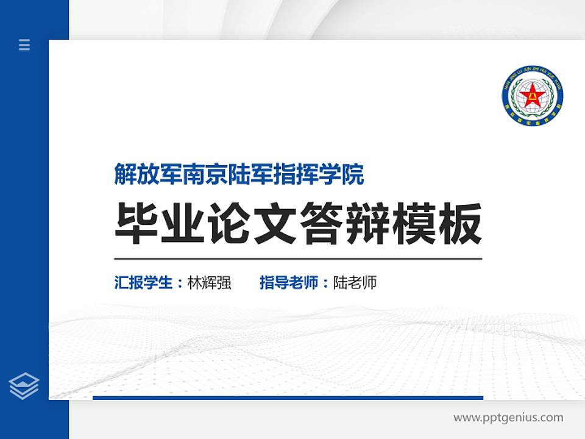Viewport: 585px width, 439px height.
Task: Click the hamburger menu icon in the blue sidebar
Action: (24, 45)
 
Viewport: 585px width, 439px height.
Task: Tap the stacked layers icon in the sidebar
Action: (24, 386)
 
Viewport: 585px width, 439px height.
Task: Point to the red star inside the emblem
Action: (533, 97)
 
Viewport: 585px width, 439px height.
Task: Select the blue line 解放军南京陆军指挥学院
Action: (239, 174)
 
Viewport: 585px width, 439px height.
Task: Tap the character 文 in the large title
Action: (276, 224)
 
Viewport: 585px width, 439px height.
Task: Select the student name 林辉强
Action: (210, 283)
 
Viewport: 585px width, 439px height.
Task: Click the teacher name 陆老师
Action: (355, 283)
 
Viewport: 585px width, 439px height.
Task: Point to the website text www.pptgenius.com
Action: (508, 418)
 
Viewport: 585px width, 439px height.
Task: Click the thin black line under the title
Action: (298, 259)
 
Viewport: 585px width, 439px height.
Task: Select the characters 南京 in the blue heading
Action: (208, 174)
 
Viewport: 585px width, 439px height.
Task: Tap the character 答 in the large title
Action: (322, 224)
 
